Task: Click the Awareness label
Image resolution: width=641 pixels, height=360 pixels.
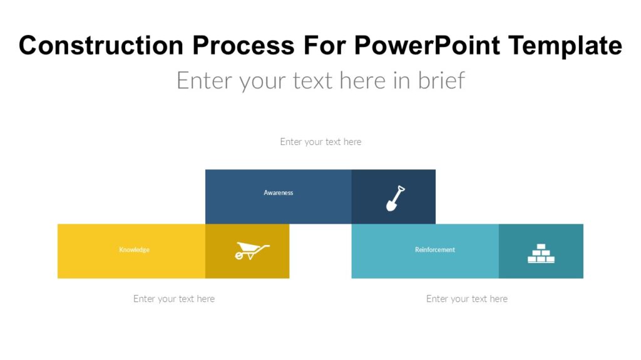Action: coord(278,192)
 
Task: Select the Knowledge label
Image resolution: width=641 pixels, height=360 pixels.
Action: coord(134,250)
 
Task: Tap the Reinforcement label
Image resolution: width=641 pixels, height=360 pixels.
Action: coord(434,250)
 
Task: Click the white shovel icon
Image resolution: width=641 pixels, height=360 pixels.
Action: coord(395,198)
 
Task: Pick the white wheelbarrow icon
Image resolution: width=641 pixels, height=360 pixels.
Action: coord(252,251)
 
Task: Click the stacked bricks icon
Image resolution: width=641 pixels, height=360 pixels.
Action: coord(541,253)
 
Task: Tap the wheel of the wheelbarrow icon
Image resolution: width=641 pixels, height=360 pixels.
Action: coord(240,256)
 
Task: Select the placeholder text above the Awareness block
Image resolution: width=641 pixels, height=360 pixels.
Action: coord(320,142)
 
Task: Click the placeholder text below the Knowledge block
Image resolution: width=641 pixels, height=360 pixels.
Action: coord(173,299)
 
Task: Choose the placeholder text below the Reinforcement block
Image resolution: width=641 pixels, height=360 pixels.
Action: coord(466,299)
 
